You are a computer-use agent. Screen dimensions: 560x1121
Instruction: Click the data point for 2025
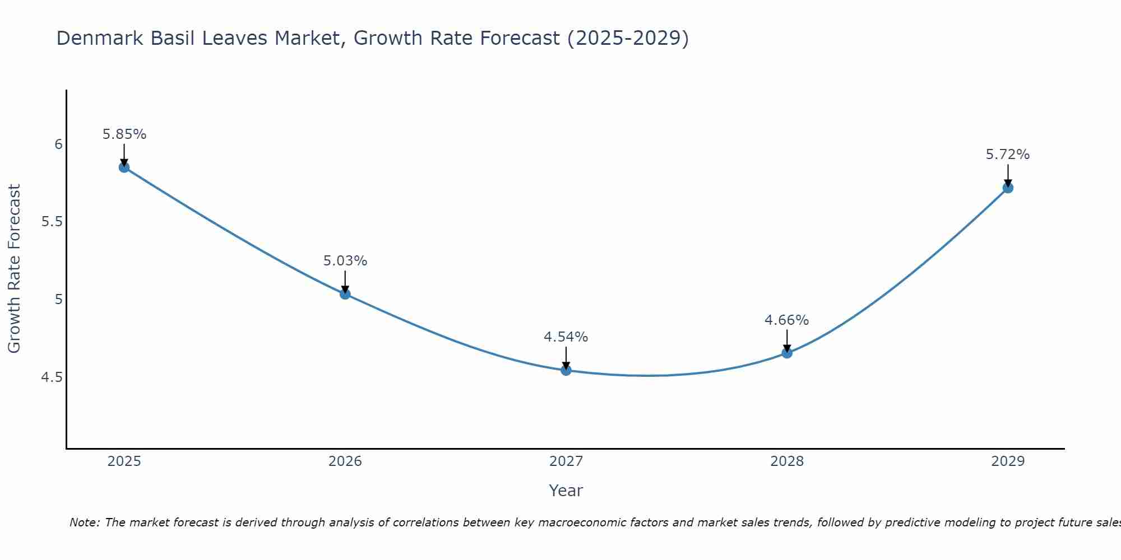tap(124, 167)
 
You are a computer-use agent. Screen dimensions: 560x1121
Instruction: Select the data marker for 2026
tap(345, 294)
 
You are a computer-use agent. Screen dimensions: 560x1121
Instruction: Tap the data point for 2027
tap(566, 370)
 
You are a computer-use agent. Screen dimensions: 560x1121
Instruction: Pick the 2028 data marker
tap(787, 353)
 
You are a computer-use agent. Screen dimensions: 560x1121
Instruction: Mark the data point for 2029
tap(1008, 188)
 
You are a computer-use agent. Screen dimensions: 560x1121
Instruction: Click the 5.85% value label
tap(124, 134)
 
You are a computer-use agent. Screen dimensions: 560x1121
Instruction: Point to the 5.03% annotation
tap(345, 261)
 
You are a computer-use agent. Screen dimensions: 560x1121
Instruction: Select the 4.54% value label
tap(566, 337)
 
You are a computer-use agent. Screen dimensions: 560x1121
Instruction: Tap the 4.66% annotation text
tap(787, 320)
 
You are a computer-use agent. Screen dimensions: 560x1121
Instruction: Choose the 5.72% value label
tap(1008, 155)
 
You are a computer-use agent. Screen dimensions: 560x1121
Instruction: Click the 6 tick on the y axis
tap(58, 144)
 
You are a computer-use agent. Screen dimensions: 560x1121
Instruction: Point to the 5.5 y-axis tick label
tap(52, 222)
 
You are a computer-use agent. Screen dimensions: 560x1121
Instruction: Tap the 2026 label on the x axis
tap(345, 461)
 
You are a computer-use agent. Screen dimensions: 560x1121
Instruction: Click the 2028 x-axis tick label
tap(787, 461)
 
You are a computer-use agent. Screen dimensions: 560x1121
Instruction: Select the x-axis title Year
tap(566, 491)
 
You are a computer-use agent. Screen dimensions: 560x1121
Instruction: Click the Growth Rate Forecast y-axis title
tap(15, 269)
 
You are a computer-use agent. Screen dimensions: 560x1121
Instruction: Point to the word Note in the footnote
tap(84, 522)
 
